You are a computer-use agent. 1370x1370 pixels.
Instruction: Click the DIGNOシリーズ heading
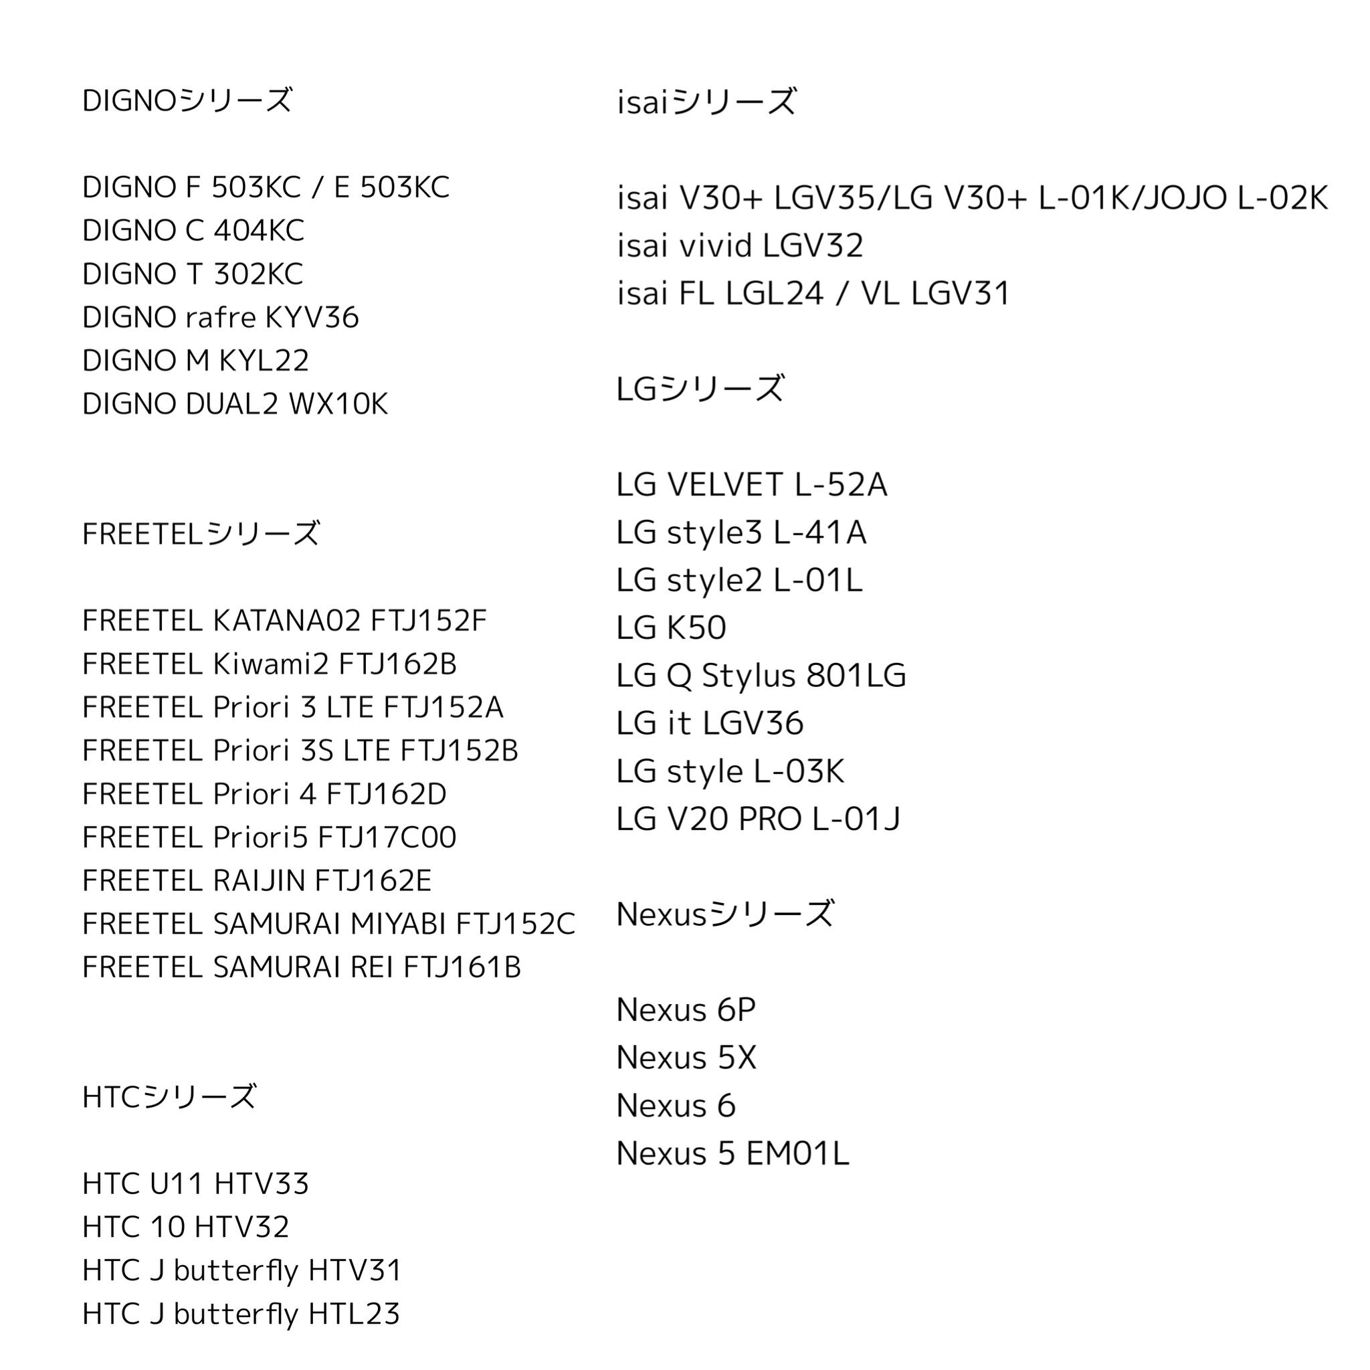(187, 101)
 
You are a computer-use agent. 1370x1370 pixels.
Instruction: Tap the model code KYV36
(311, 318)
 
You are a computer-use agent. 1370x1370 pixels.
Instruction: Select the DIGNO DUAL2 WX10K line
(235, 404)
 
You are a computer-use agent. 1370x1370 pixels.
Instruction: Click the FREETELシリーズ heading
(201, 534)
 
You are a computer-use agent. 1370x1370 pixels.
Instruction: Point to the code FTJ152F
(428, 621)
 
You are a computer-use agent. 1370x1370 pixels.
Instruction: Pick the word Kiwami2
(270, 664)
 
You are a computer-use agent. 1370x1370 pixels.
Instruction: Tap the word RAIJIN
(258, 881)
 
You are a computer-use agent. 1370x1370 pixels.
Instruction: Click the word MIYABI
(398, 924)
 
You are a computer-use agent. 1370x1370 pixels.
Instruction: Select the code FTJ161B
(462, 967)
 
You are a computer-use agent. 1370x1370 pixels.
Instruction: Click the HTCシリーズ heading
(169, 1097)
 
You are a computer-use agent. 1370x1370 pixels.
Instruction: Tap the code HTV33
(261, 1183)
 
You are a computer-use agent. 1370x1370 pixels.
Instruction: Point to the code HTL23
(354, 1314)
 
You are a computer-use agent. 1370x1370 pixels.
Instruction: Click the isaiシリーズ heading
(707, 102)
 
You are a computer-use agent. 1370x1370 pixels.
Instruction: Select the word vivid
(716, 246)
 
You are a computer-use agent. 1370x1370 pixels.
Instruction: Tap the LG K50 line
(671, 627)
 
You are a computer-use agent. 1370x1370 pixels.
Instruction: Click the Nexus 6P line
(686, 1009)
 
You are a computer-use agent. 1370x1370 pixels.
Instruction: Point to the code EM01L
(797, 1154)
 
